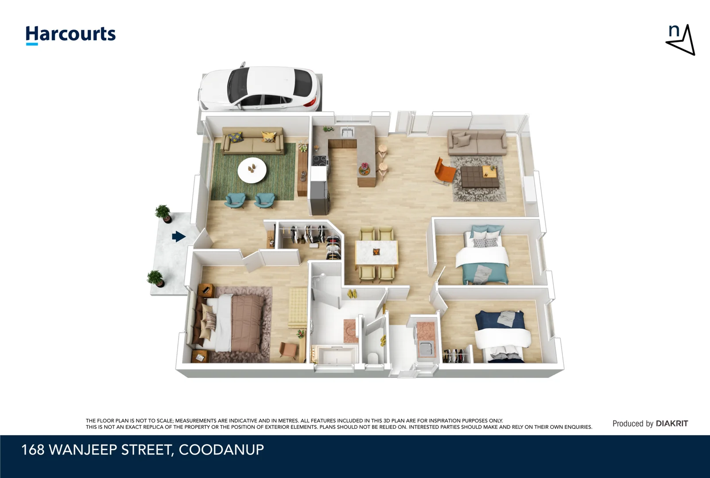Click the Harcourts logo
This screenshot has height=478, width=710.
click(71, 35)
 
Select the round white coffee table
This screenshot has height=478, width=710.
click(252, 170)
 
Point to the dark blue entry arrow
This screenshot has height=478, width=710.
click(179, 236)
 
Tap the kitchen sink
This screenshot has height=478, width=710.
click(347, 132)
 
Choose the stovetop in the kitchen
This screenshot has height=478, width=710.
click(321, 161)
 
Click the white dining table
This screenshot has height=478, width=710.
click(376, 253)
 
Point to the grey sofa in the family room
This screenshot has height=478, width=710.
click(477, 142)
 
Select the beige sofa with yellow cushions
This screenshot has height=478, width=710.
click(252, 141)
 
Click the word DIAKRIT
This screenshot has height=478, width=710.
click(672, 424)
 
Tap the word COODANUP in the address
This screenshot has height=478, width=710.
click(221, 450)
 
